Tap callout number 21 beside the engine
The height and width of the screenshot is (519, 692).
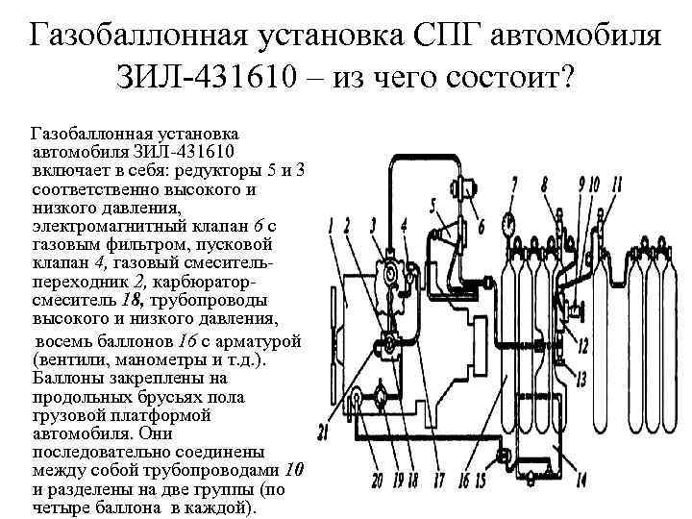click(324, 432)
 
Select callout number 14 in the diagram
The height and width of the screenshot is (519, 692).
click(581, 478)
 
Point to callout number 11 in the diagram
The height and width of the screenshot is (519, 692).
click(616, 183)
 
